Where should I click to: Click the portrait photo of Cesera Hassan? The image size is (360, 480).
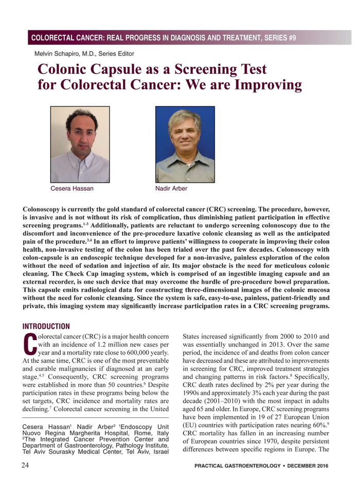[80, 144]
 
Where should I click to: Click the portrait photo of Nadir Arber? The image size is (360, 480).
[185, 144]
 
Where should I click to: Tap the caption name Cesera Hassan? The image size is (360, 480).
[72, 189]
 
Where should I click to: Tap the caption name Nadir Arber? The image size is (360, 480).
[171, 189]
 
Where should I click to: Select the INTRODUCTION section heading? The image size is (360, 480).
[46, 326]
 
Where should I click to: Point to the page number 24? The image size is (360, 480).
[27, 465]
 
